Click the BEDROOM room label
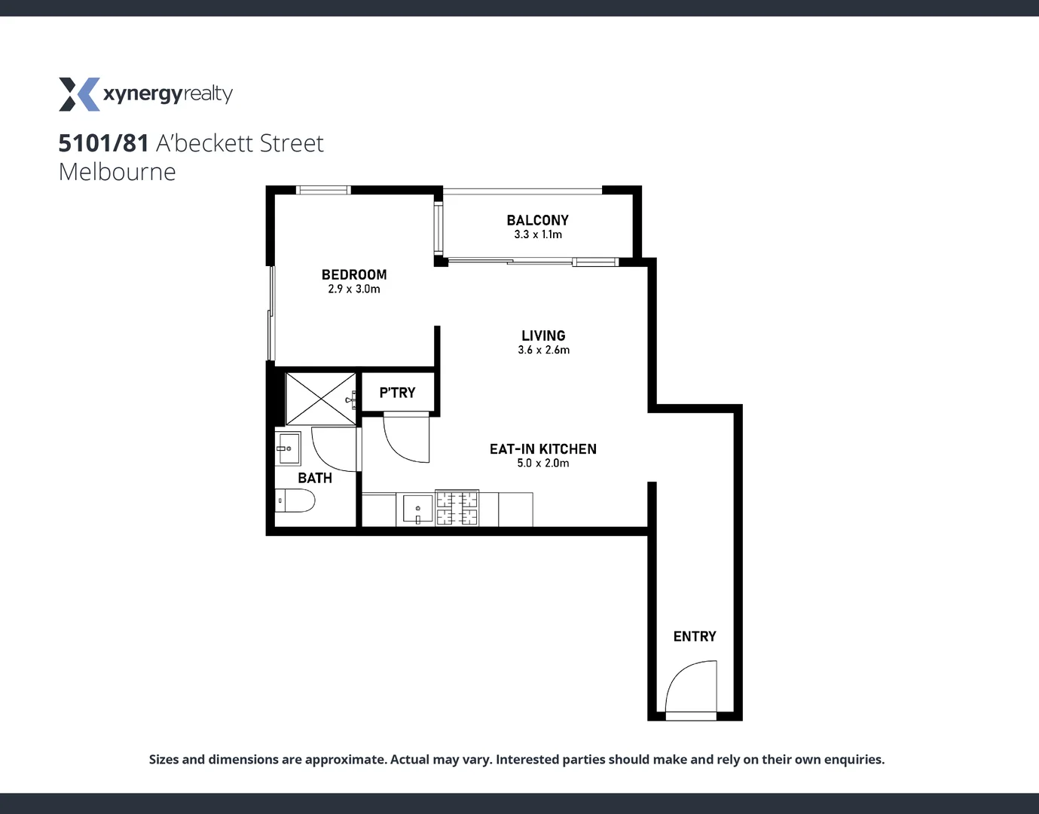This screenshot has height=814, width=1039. pyautogui.click(x=354, y=275)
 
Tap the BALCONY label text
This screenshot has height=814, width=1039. pyautogui.click(x=537, y=220)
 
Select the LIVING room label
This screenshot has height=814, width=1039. pyautogui.click(x=543, y=335)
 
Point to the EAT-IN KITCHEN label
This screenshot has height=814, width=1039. pyautogui.click(x=542, y=449)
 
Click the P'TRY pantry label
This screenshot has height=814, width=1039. pyautogui.click(x=397, y=393)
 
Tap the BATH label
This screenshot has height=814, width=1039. pyautogui.click(x=314, y=478)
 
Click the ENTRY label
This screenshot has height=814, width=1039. pyautogui.click(x=694, y=637)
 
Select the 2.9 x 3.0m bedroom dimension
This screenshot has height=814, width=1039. pyautogui.click(x=354, y=289)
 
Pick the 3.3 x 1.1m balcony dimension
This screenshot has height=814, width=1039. pyautogui.click(x=537, y=234)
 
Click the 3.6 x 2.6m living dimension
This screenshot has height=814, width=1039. pyautogui.click(x=543, y=350)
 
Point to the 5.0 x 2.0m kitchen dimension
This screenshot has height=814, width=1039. pyautogui.click(x=542, y=464)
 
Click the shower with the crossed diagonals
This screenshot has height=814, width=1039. pyautogui.click(x=320, y=399)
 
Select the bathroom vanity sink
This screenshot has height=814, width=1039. pyautogui.click(x=288, y=448)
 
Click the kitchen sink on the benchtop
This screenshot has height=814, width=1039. pyautogui.click(x=417, y=509)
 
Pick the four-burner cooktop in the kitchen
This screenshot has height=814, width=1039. pyautogui.click(x=457, y=508)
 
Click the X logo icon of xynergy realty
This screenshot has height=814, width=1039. pyautogui.click(x=78, y=94)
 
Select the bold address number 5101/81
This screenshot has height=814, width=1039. pyautogui.click(x=103, y=143)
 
